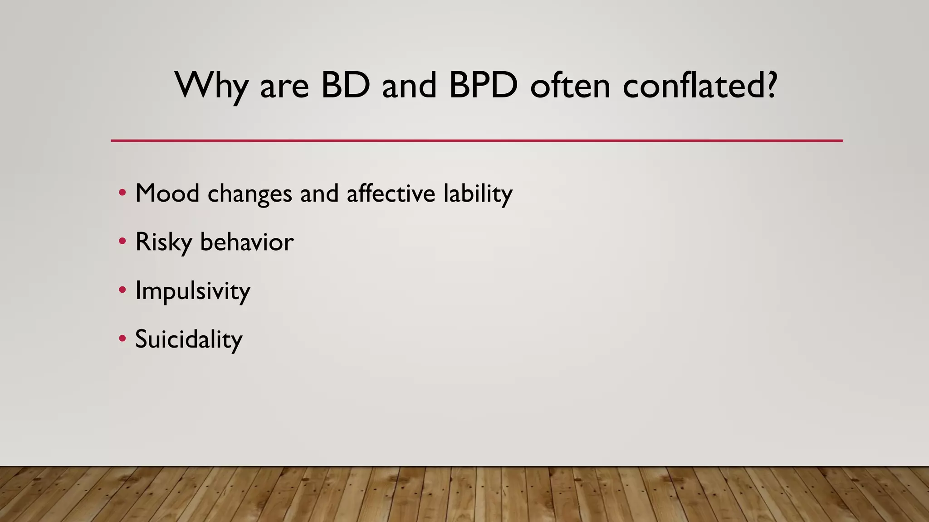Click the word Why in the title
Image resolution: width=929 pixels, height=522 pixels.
[x=211, y=86]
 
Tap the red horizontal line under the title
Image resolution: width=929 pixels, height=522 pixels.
[x=476, y=140]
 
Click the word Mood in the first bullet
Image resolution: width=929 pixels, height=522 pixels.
[x=167, y=193]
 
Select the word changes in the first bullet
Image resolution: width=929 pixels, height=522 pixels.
[x=250, y=194]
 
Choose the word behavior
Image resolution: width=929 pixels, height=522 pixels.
[x=247, y=242]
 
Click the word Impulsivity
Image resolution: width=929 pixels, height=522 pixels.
[x=193, y=291]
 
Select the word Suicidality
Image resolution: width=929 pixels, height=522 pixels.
[x=189, y=339]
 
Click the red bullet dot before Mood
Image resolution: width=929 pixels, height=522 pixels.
[x=122, y=193]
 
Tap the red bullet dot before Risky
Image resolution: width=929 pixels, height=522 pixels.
[x=122, y=242]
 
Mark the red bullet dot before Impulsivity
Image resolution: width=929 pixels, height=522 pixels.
[x=122, y=290]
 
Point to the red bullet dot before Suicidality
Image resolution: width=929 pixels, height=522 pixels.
[x=122, y=338]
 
